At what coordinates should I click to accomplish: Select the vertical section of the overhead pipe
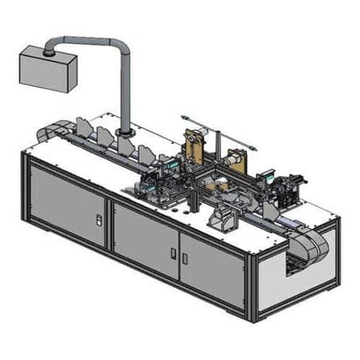coord(127,94)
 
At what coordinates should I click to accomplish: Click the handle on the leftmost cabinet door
coord(100,217)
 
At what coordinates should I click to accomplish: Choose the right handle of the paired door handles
coord(184,256)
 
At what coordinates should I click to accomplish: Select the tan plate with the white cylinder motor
coord(233,159)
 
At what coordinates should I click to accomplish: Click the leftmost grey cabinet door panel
coord(68,205)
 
